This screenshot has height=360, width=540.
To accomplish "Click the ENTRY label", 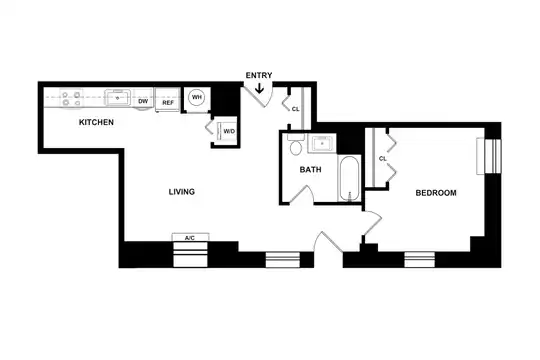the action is [259, 75].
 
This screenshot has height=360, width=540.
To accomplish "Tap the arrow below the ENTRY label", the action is [259, 89].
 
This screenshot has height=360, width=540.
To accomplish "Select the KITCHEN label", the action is [96, 122].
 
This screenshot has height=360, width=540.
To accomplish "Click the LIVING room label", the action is [181, 192].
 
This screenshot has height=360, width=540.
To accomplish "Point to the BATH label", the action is [310, 169].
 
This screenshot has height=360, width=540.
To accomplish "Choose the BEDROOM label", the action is [436, 193].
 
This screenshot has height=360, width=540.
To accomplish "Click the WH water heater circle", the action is [196, 97].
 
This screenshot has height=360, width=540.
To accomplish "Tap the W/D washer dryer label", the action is [229, 131].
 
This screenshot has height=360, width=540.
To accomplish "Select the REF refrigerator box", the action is [168, 100].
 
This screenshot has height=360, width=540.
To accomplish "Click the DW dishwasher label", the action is [143, 101].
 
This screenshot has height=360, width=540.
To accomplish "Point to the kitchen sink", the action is [118, 97].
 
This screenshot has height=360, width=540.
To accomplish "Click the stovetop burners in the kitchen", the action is [72, 98].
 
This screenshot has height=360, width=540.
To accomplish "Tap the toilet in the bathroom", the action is [295, 145].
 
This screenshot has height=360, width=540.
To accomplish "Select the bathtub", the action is [349, 178].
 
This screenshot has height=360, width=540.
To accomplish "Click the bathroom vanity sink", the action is [322, 143].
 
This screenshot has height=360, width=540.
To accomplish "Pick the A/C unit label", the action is [190, 238].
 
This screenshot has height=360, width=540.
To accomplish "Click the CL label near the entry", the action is [295, 109].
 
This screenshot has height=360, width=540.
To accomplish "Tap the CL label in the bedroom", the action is [383, 159].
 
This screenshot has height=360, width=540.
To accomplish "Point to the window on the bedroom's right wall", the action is [489, 156].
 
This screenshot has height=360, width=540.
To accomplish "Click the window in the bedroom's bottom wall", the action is [419, 260].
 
